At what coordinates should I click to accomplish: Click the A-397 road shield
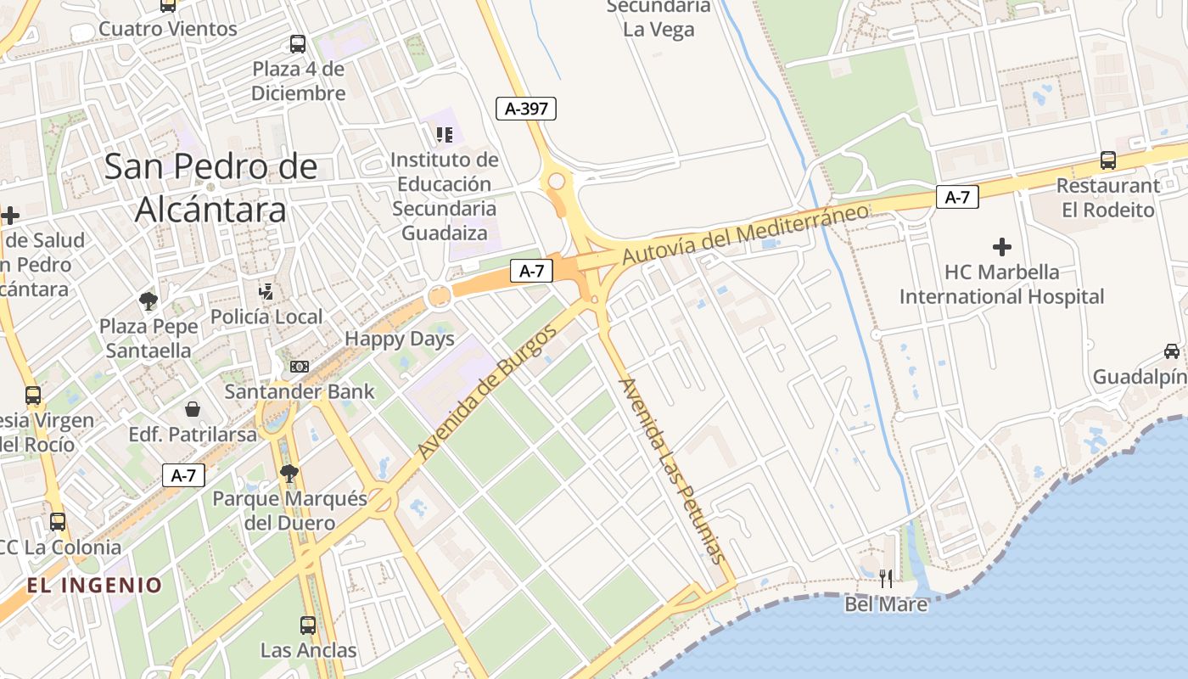(x=526, y=108)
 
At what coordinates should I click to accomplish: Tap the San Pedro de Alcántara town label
(x=210, y=188)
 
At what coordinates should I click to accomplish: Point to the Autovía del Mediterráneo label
(x=746, y=233)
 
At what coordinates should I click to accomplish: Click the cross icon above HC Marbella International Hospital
(x=1002, y=247)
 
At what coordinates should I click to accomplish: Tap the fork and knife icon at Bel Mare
(x=886, y=579)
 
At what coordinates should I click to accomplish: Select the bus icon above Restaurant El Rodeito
(x=1107, y=160)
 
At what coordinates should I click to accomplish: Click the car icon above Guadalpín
(x=1172, y=351)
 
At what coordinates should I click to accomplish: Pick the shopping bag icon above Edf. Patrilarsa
(x=193, y=410)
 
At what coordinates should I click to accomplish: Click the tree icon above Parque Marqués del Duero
(x=289, y=473)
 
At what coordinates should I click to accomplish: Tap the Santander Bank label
(x=300, y=391)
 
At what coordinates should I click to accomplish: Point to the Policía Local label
(x=266, y=317)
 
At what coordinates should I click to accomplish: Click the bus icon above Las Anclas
(x=308, y=626)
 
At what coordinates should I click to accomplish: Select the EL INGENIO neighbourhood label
(x=94, y=585)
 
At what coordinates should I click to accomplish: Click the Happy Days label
(x=399, y=339)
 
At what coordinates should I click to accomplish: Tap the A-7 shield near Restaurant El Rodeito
(x=957, y=198)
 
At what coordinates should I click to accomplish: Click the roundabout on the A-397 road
(x=557, y=181)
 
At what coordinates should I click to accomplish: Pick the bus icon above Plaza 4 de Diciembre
(x=298, y=43)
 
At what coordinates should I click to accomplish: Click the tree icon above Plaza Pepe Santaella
(x=148, y=300)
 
